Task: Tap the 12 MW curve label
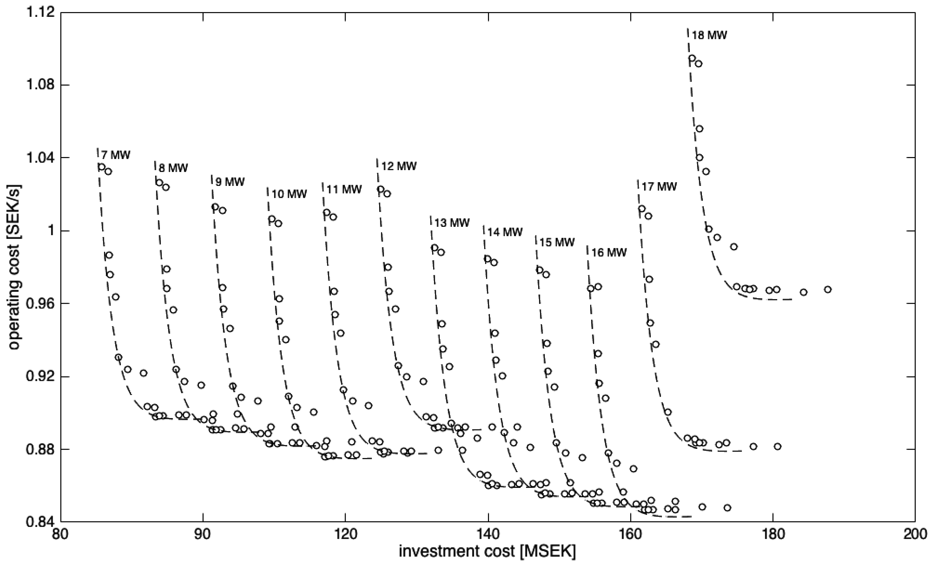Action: coord(399,166)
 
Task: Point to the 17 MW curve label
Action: coord(659,186)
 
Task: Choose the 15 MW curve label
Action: coord(557,242)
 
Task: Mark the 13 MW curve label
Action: coord(452,223)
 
